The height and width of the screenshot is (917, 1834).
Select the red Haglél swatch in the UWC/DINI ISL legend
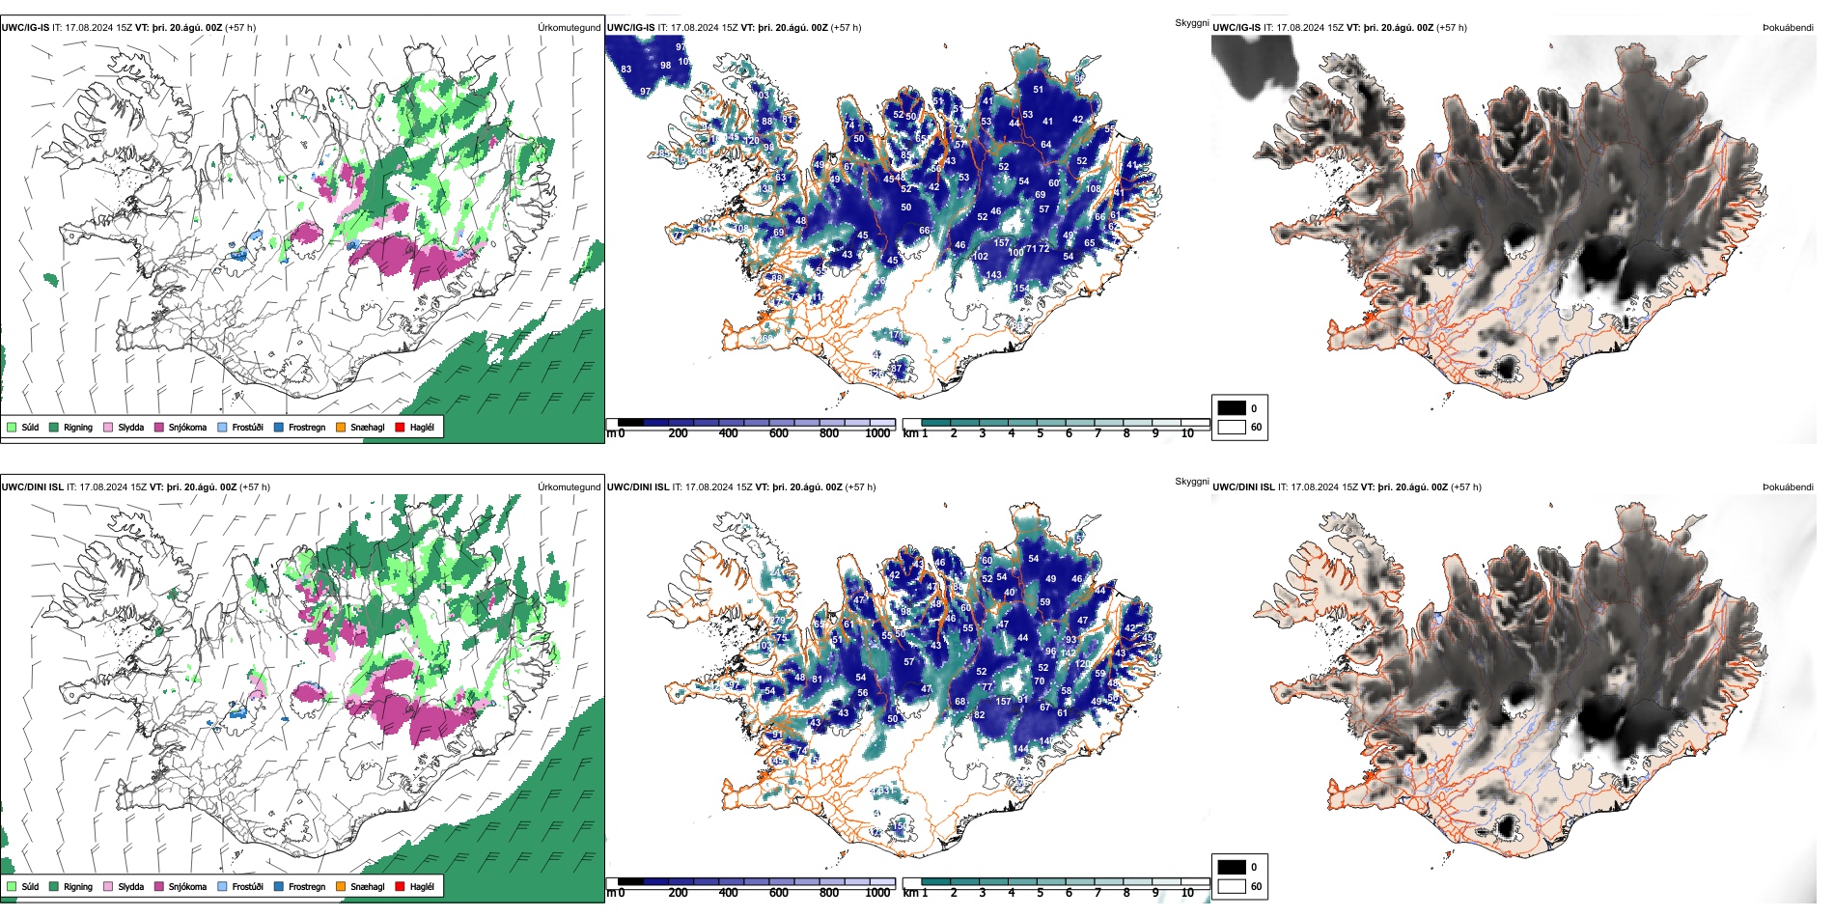click(401, 886)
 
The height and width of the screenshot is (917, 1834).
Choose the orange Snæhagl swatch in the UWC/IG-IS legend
click(342, 427)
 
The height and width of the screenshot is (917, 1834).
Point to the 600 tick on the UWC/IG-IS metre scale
click(779, 433)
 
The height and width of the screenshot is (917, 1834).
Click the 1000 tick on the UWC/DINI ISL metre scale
click(877, 893)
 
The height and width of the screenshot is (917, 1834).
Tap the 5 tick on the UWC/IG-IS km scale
click(1040, 433)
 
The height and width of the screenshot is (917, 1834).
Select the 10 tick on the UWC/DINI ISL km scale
click(1187, 893)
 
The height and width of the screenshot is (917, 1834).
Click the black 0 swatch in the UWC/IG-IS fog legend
click(1232, 407)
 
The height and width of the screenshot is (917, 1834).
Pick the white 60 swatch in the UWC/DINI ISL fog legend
click(1232, 886)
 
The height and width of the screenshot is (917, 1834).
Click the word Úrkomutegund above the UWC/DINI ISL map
click(569, 486)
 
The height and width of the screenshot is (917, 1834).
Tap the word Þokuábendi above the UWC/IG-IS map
click(1788, 27)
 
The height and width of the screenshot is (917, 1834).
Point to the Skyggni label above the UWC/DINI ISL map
click(1191, 481)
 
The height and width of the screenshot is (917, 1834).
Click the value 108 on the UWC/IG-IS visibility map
click(1093, 188)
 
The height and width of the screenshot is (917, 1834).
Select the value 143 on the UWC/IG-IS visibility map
click(994, 275)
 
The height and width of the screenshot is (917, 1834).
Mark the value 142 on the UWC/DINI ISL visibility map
click(1069, 653)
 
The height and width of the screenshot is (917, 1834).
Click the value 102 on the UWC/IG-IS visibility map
click(980, 256)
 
